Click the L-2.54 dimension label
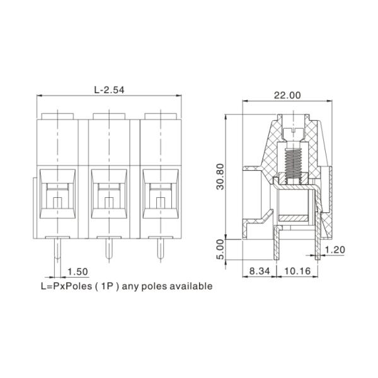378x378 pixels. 109,90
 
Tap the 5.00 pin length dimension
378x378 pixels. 220,250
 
